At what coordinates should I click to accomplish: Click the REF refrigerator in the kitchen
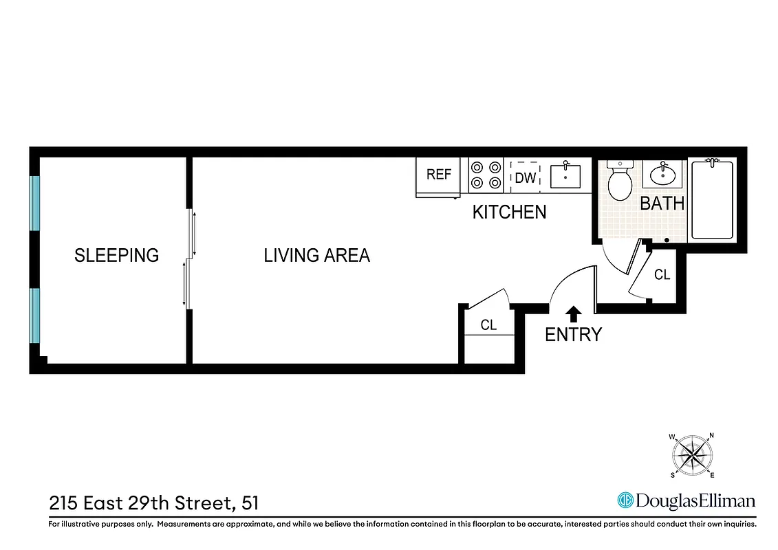point(438,176)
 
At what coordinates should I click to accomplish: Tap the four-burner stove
point(487,175)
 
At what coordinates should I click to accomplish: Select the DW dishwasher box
point(525,177)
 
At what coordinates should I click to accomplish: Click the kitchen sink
point(565,176)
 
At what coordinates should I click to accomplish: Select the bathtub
point(712,199)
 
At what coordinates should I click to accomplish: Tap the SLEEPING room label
point(116,255)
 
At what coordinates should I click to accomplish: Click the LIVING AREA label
point(316,255)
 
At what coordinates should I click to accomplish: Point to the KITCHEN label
point(509,212)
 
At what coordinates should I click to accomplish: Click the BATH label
point(662,203)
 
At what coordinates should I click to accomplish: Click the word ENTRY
point(573,335)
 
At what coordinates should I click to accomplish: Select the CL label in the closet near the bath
point(662,275)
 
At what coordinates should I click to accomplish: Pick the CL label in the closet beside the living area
point(488,325)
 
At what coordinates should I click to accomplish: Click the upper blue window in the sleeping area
point(34,203)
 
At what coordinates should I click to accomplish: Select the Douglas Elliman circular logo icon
point(625,500)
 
